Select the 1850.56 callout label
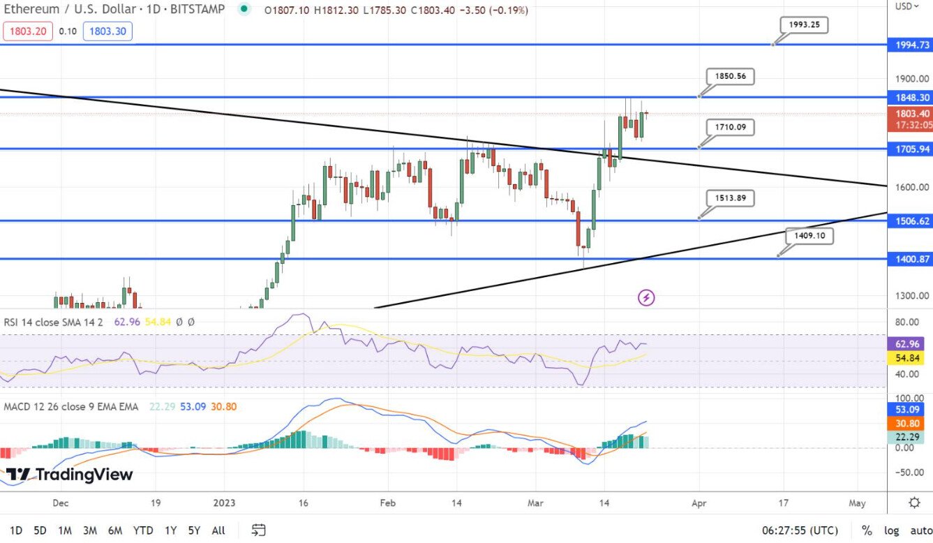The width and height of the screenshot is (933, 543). (x=730, y=76)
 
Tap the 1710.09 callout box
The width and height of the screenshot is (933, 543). (x=730, y=127)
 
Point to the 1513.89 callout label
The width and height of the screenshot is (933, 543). (x=730, y=198)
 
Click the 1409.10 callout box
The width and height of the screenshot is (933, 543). (x=809, y=236)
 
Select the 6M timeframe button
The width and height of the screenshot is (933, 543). (x=116, y=530)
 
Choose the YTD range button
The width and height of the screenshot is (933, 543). (x=143, y=530)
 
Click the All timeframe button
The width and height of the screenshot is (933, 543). (x=218, y=530)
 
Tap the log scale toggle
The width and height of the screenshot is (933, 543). (x=890, y=530)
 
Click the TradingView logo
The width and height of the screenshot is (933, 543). (x=69, y=475)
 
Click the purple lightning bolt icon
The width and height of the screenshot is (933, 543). (x=646, y=298)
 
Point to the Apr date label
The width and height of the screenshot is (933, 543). (x=699, y=503)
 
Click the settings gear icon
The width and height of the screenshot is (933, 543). (x=914, y=503)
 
